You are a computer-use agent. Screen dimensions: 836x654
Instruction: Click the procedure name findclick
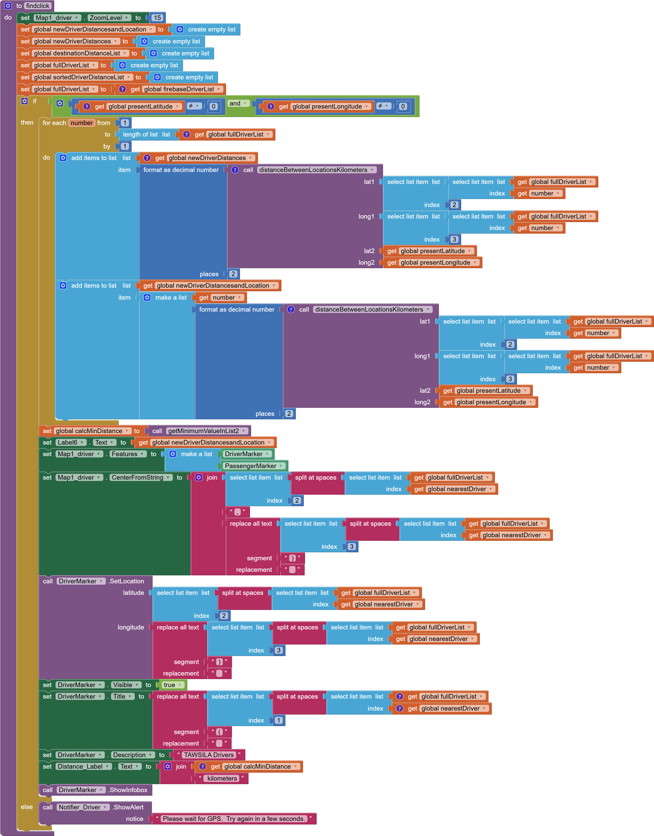pos(37,6)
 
